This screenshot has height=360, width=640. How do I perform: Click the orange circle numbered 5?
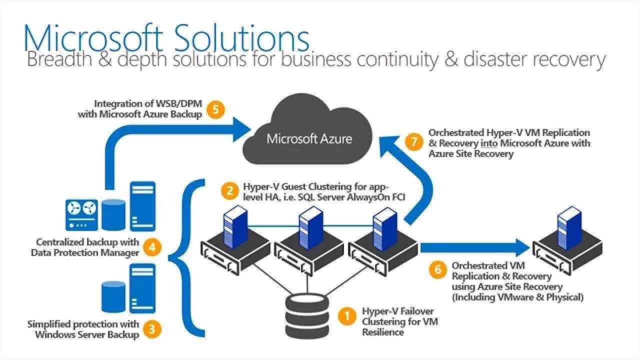click(215, 109)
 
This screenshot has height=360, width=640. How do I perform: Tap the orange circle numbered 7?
click(413, 141)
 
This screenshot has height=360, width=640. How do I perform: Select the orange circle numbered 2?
click(229, 190)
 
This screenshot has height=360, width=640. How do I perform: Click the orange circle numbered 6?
click(437, 270)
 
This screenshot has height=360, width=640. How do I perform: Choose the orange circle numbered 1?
click(345, 315)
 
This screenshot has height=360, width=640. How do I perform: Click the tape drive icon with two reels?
click(81, 212)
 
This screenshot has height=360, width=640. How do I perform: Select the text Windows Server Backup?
click(86, 334)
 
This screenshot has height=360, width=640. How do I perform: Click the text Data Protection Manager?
click(84, 252)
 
